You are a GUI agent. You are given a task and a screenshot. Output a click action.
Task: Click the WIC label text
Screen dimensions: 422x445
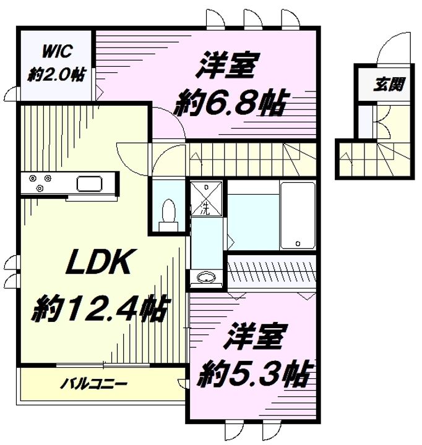tap(57, 51)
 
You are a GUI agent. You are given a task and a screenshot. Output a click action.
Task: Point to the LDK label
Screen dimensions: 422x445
tap(98, 261)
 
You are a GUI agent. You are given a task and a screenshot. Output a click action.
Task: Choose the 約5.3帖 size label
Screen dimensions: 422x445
tap(254, 373)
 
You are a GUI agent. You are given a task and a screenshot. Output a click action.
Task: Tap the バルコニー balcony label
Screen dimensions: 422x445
tap(94, 384)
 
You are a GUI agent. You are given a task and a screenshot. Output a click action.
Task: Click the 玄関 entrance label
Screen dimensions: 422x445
tap(389, 84)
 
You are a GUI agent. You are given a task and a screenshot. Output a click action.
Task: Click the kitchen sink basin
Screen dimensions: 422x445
tap(89, 184)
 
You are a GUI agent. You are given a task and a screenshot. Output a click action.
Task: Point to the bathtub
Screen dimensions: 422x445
tap(298, 216)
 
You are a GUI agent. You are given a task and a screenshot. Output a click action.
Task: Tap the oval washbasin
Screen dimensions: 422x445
tap(206, 278)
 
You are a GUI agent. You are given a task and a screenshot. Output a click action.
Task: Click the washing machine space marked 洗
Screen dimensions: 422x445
tap(206, 199)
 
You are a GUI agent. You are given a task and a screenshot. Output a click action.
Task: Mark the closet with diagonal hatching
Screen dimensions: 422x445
tap(272, 272)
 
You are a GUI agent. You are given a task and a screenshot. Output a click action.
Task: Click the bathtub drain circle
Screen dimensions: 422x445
tap(298, 244)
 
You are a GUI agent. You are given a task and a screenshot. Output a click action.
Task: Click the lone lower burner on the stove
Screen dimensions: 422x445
tap(40, 187)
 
